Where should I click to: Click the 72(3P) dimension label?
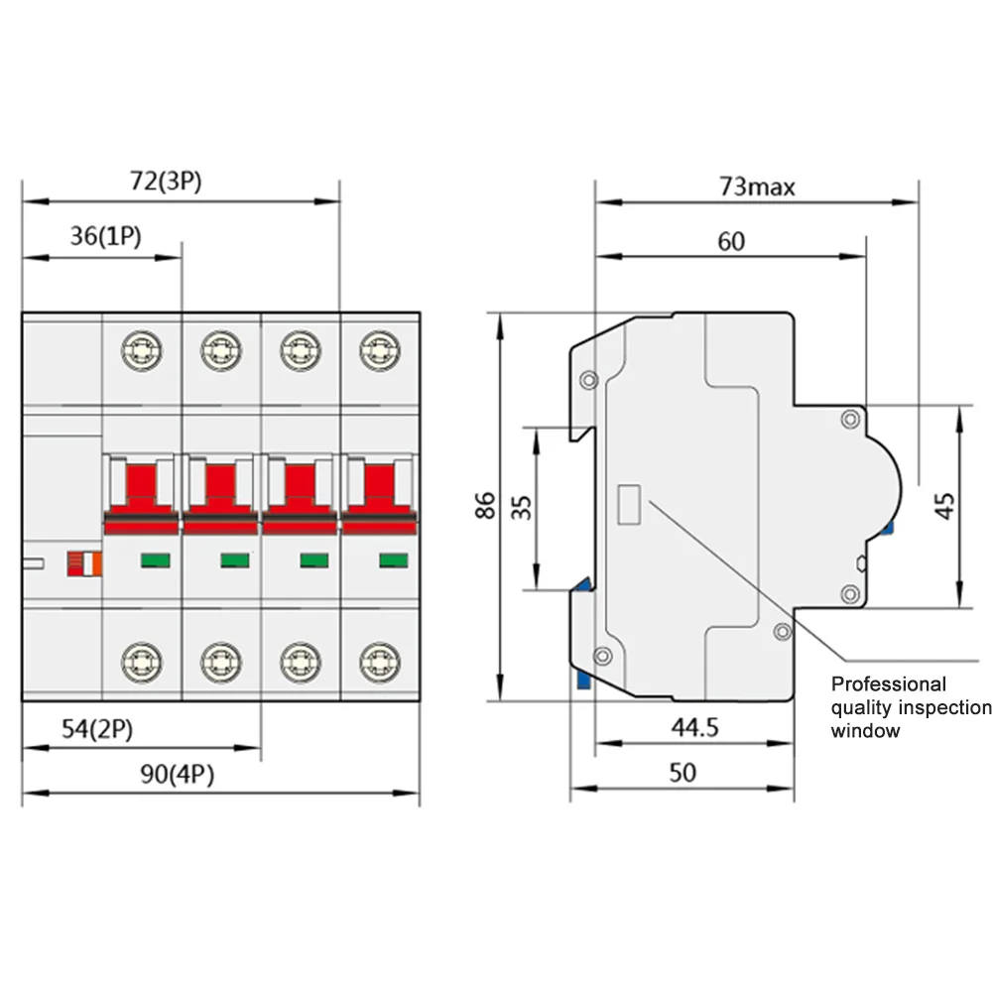click(166, 182)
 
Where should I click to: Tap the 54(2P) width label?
click(97, 729)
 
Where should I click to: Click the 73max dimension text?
click(757, 186)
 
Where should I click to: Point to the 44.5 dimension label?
click(693, 727)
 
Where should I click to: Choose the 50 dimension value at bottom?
click(683, 773)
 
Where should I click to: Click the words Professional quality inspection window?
click(910, 707)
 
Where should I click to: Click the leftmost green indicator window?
click(155, 560)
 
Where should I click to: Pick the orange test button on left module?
click(84, 563)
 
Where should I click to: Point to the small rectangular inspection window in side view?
click(629, 504)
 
